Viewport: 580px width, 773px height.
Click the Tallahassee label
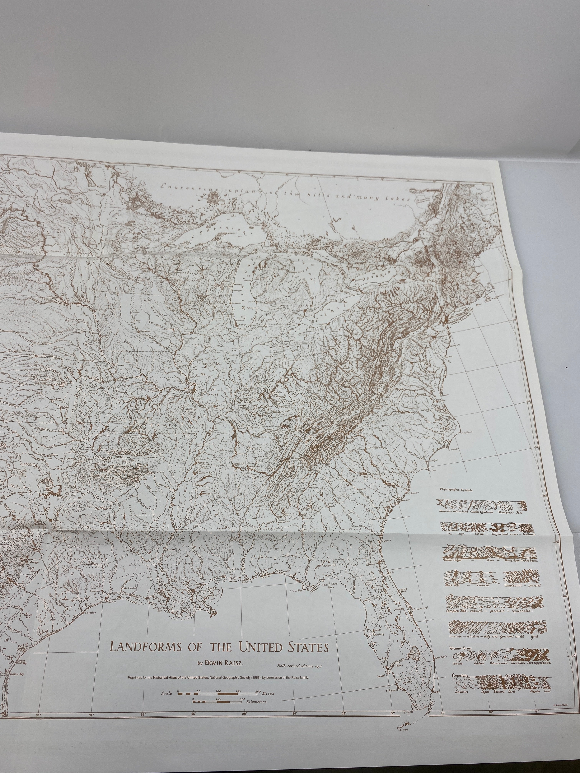coord(328,565)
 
